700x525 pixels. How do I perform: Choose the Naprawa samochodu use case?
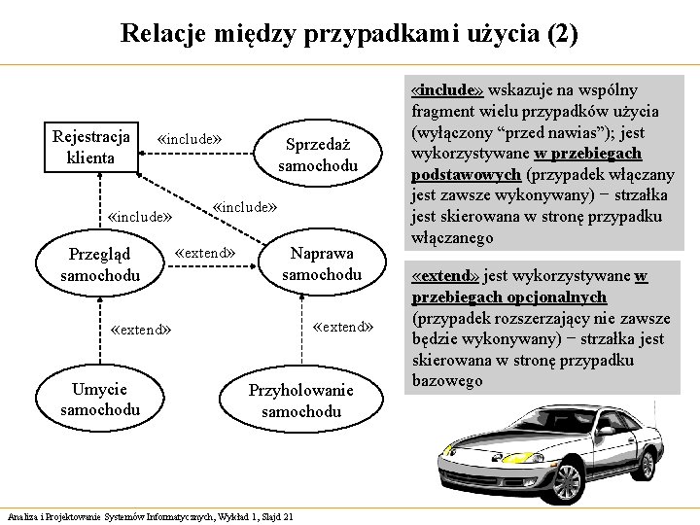321,264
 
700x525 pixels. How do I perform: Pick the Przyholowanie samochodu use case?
301,401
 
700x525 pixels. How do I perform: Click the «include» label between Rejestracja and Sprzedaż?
190,139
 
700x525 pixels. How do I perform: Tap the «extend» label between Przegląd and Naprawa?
204,254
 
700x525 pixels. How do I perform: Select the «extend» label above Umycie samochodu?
142,330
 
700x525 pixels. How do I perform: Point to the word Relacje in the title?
158,34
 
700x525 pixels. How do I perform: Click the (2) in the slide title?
562,34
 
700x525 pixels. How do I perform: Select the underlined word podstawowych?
467,175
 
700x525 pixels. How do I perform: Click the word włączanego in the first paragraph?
453,237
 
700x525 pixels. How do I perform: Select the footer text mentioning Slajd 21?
151,516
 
